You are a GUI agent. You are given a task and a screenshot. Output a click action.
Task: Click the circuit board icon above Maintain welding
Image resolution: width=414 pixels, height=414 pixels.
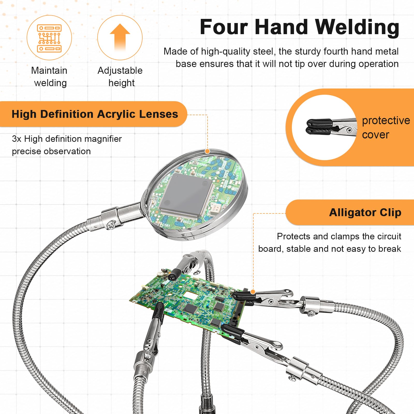49,38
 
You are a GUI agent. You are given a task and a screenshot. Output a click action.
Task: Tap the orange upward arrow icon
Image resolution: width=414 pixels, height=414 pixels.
120,37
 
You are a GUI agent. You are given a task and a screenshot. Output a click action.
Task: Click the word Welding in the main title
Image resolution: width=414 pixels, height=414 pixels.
357,27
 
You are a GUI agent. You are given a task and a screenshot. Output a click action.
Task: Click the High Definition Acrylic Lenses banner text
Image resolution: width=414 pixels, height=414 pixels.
95,114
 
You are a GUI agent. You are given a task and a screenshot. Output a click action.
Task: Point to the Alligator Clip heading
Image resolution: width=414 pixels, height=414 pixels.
365,212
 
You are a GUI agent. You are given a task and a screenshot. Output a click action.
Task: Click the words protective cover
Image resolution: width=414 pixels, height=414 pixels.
386,127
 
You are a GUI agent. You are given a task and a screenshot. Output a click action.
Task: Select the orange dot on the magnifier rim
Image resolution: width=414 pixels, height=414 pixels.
207,151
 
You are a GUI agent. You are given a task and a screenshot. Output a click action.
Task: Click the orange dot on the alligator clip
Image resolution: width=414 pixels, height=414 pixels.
253,292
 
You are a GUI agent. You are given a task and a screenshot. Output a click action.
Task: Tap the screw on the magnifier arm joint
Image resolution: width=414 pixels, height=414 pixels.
111,225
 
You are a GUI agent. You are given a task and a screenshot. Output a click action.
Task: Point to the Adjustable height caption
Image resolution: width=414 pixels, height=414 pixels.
120,77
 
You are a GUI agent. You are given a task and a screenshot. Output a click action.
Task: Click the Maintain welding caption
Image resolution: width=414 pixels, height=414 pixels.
49,77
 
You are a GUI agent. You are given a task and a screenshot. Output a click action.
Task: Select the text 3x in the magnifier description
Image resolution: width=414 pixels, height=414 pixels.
17,139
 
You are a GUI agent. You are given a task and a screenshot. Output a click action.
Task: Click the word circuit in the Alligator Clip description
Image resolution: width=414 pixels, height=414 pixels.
388,236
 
